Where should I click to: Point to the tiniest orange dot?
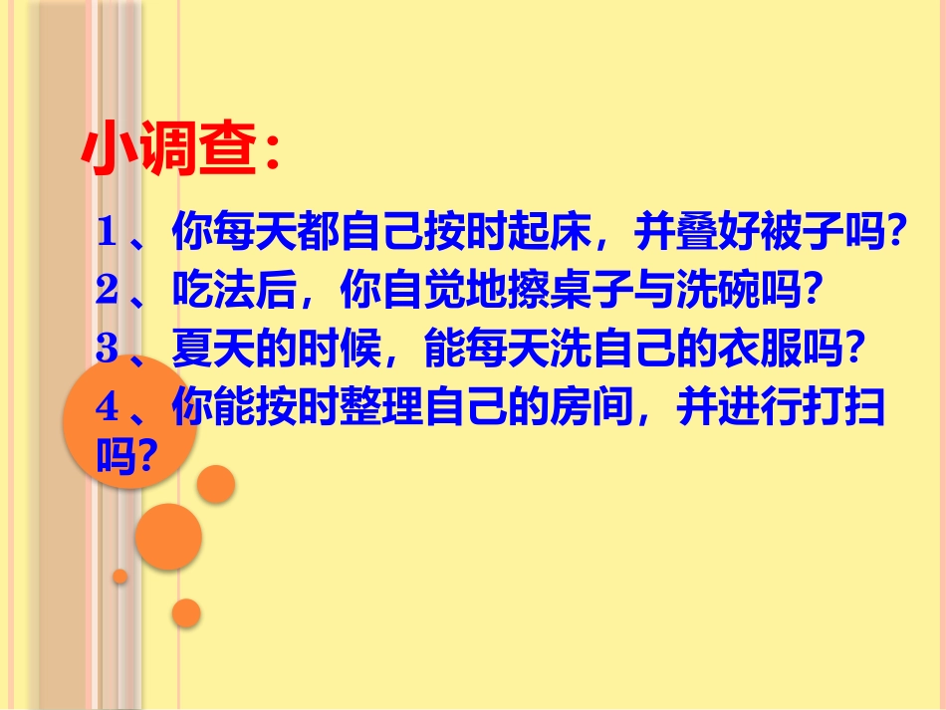[120, 577]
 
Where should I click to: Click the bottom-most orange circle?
[186, 612]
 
